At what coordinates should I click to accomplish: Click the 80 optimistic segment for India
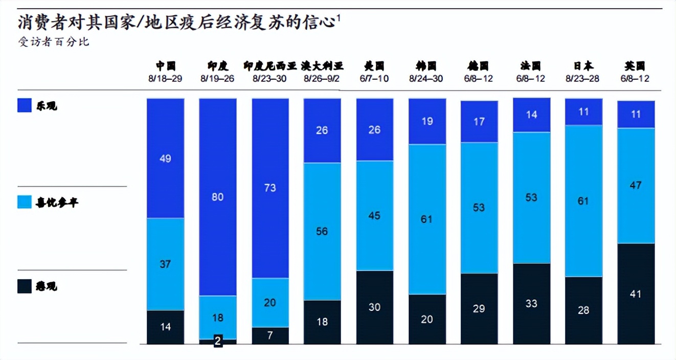coord(217,197)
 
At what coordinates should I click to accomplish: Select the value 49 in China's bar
coord(165,159)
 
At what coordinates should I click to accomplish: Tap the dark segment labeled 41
coord(636,294)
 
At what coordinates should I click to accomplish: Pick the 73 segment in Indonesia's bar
coord(270,188)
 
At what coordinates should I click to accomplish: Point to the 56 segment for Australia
coord(322,231)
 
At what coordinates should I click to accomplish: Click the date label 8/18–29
coord(166,79)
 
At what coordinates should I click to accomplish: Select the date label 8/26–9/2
coord(322,79)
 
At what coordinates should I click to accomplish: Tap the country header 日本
coord(583,66)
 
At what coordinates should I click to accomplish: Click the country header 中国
coord(166,66)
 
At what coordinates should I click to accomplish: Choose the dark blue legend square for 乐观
coord(25,105)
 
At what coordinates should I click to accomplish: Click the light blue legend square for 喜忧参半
coord(25,202)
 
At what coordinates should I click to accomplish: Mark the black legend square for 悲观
coord(25,286)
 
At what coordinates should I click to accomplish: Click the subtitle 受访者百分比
coord(54,42)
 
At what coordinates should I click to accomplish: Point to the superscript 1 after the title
coord(339,19)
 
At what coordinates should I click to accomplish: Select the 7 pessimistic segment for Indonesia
coord(270,335)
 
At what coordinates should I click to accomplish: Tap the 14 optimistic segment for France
coord(531,115)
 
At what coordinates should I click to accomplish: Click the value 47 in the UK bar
coord(636,185)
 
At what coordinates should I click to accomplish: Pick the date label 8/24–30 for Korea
coord(426,79)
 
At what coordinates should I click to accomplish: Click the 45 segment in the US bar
coord(374,215)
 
